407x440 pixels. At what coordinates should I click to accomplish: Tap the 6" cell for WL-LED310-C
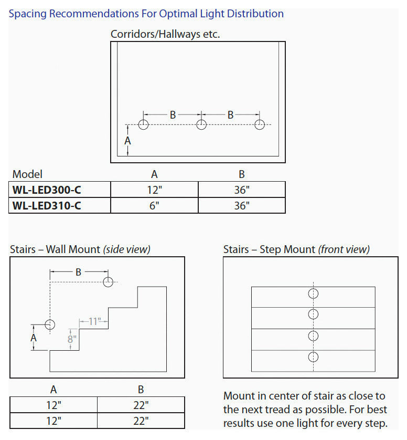pyautogui.click(x=154, y=205)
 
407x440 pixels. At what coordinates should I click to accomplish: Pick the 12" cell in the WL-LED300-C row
pyautogui.click(x=154, y=190)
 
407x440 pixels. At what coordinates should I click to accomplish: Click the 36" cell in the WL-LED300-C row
pyautogui.click(x=242, y=190)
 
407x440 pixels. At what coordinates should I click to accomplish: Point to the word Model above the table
pyautogui.click(x=27, y=174)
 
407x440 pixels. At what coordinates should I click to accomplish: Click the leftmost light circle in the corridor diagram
pyautogui.click(x=144, y=124)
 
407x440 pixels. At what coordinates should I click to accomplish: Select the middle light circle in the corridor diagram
pyautogui.click(x=201, y=124)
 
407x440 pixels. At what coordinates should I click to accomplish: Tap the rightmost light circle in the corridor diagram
pyautogui.click(x=259, y=124)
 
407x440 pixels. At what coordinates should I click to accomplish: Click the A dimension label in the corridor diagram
pyautogui.click(x=127, y=141)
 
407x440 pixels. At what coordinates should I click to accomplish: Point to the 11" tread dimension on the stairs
pyautogui.click(x=94, y=321)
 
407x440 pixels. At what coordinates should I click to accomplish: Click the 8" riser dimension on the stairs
pyautogui.click(x=72, y=339)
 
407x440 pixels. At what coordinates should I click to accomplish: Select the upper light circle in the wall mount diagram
pyautogui.click(x=109, y=282)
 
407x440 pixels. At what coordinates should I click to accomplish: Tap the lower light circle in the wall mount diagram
pyautogui.click(x=50, y=324)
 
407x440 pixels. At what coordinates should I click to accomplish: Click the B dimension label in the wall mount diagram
pyautogui.click(x=79, y=272)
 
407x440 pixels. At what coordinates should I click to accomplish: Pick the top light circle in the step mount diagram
pyautogui.click(x=313, y=293)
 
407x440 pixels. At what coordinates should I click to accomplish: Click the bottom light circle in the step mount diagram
pyautogui.click(x=313, y=357)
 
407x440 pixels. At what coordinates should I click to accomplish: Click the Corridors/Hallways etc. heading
pyautogui.click(x=165, y=35)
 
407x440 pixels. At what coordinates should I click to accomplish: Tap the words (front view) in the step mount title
pyautogui.click(x=344, y=249)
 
